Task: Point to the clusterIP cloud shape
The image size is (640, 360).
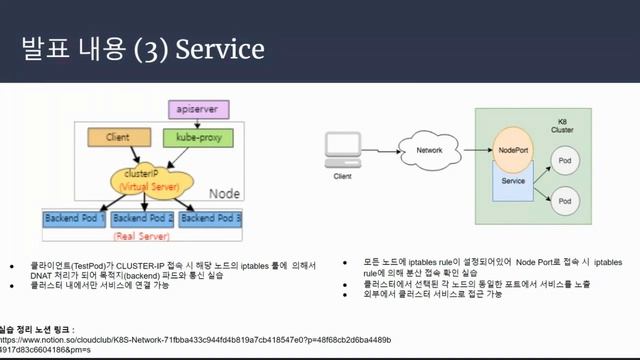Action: click(147, 179)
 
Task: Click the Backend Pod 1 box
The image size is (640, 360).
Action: click(74, 217)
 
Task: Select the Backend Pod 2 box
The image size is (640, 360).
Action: click(142, 217)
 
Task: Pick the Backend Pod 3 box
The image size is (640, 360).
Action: click(210, 217)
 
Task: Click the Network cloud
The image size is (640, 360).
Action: click(429, 151)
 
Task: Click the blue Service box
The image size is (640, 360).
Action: click(512, 182)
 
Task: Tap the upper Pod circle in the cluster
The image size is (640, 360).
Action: click(566, 160)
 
